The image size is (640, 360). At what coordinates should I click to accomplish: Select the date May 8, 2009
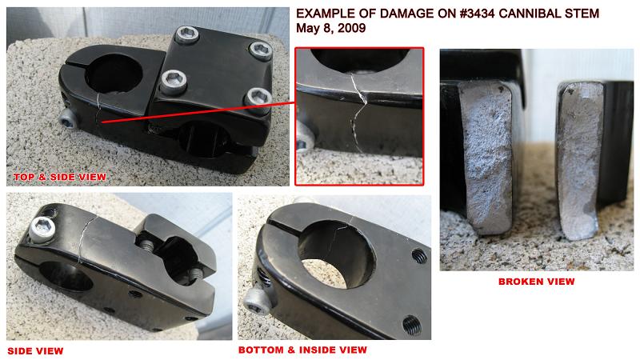point(330,28)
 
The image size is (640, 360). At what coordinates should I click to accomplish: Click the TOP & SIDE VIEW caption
point(60,177)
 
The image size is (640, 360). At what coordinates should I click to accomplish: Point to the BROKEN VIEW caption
point(536,282)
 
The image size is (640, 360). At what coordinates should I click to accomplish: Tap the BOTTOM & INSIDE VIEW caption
point(302,350)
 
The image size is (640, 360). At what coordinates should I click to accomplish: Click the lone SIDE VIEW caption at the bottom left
point(35,351)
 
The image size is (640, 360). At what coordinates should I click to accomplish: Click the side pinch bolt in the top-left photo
point(68,118)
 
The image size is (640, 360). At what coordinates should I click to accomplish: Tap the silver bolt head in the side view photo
point(42,230)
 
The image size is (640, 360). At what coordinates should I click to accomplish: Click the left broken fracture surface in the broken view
point(486,157)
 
